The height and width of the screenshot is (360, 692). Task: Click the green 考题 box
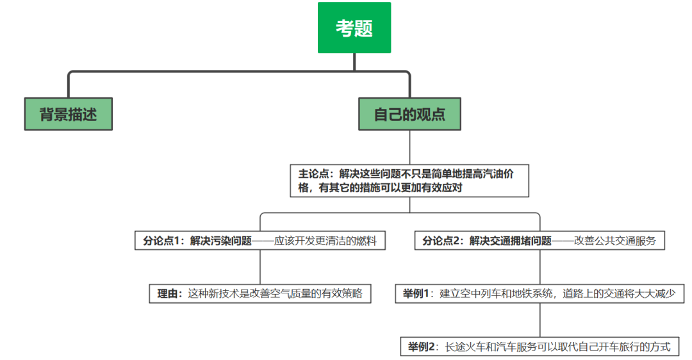pyautogui.click(x=354, y=28)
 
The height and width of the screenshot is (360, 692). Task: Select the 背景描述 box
pyautogui.click(x=68, y=114)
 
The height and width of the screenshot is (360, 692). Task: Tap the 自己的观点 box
pyautogui.click(x=409, y=114)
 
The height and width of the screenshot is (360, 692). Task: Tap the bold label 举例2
pyautogui.click(x=420, y=347)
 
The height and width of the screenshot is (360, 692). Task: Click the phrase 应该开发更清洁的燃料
pyautogui.click(x=325, y=241)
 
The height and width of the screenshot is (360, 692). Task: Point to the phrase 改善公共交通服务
pyautogui.click(x=615, y=241)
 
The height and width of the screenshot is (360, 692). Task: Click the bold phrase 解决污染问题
pyautogui.click(x=221, y=241)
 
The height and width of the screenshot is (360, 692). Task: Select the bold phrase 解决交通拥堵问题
pyautogui.click(x=510, y=241)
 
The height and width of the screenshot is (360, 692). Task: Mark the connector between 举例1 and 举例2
pyautogui.click(x=540, y=320)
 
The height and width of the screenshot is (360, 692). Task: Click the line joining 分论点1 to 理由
pyautogui.click(x=260, y=267)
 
